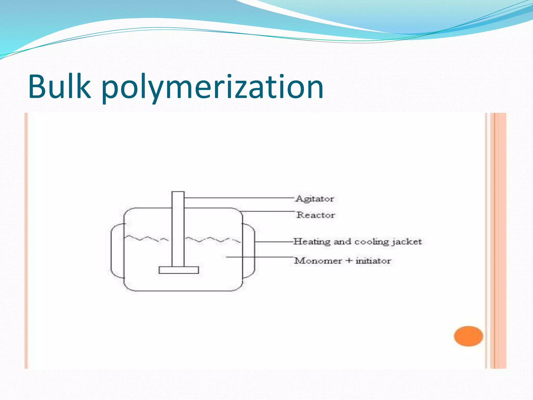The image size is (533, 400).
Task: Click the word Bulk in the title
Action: pyautogui.click(x=60, y=86)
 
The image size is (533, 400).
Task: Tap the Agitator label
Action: pyautogui.click(x=315, y=199)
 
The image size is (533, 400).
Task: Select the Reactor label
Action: pyautogui.click(x=316, y=215)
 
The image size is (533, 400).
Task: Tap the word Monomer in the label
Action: pyautogui.click(x=318, y=261)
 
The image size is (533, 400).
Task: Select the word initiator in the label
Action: pyautogui.click(x=373, y=261)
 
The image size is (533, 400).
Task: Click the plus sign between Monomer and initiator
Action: pyautogui.click(x=348, y=261)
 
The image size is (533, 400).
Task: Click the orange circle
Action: pyautogui.click(x=468, y=336)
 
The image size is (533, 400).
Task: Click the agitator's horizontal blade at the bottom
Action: pyautogui.click(x=179, y=270)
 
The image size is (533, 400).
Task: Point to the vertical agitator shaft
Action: pyautogui.click(x=178, y=229)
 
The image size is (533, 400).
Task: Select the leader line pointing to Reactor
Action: pyautogui.click(x=268, y=211)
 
